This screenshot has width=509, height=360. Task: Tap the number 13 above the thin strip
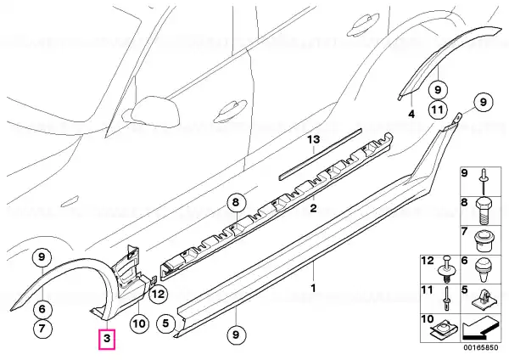pyautogui.click(x=314, y=139)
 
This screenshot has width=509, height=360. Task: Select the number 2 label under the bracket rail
pyautogui.click(x=312, y=208)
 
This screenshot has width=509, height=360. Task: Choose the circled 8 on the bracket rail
pyautogui.click(x=235, y=202)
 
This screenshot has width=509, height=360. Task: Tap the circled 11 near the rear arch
pyautogui.click(x=435, y=109)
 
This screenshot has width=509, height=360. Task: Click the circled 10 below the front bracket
pyautogui.click(x=139, y=323)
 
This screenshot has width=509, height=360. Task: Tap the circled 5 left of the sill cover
pyautogui.click(x=168, y=323)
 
